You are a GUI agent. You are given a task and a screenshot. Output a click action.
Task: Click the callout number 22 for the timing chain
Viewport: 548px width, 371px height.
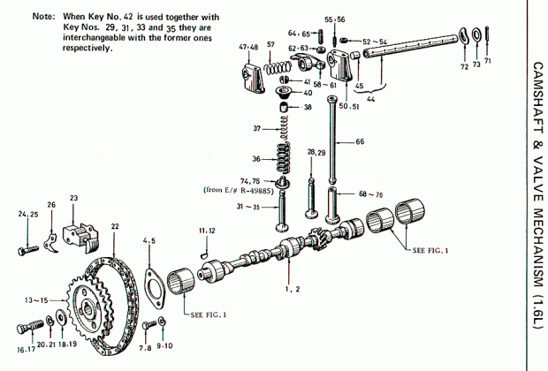click(114, 227)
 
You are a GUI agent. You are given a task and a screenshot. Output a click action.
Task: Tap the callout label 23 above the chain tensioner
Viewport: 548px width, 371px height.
click(73, 198)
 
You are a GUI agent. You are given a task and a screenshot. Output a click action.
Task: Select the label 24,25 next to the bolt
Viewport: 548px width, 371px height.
click(28, 214)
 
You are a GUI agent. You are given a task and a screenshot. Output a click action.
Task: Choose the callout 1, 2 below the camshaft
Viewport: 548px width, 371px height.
click(291, 289)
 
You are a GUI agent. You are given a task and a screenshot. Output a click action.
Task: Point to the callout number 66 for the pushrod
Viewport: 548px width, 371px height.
click(359, 141)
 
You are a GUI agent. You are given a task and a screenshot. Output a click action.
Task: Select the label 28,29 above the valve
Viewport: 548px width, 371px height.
click(316, 153)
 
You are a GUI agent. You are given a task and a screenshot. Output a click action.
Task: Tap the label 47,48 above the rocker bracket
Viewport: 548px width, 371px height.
click(248, 46)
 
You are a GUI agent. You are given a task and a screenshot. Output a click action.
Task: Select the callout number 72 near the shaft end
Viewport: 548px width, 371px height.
click(464, 66)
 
